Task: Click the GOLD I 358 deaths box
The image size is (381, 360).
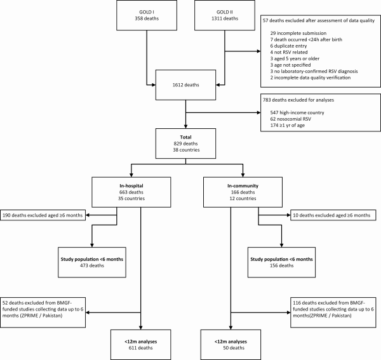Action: click(147, 15)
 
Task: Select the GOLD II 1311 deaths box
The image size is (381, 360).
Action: click(225, 15)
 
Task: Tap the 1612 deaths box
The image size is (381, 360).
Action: click(185, 85)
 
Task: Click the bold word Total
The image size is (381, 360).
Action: click(185, 137)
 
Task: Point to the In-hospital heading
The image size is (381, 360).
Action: click(131, 186)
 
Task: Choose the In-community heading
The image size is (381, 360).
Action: click(243, 186)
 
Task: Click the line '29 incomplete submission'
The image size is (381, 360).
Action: click(298, 33)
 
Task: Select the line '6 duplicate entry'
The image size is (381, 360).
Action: click(288, 46)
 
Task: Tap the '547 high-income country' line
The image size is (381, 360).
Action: click(297, 113)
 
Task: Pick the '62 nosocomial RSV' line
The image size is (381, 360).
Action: click(290, 119)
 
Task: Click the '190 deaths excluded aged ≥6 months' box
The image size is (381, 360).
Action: click(43, 215)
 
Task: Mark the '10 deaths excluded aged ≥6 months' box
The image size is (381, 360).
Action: click(333, 215)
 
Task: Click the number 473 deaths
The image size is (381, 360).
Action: click(92, 265)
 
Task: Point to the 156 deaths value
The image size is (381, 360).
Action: click(281, 265)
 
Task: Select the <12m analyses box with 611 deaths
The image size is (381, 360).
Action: click(141, 345)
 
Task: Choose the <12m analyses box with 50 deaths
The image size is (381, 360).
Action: click(231, 345)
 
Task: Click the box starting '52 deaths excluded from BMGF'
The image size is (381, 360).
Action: click(43, 312)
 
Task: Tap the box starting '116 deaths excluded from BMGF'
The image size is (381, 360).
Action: click(333, 312)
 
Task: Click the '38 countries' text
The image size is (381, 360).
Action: click(186, 150)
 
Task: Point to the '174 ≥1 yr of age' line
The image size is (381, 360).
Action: click(287, 125)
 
